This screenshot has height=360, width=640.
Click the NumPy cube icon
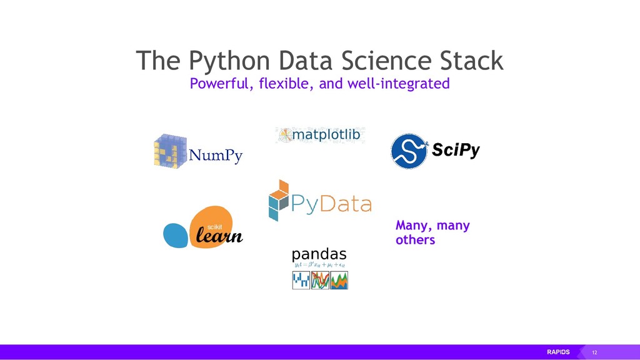[x=170, y=150]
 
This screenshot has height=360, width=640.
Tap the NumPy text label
[x=216, y=156]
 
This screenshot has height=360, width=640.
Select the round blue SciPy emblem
[x=409, y=151]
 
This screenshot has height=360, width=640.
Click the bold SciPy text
[x=456, y=151]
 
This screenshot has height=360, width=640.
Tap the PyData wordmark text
[x=332, y=204]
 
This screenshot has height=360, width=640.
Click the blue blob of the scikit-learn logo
[x=176, y=235]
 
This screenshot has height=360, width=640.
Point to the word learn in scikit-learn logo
[x=219, y=237]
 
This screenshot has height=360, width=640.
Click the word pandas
[x=319, y=255]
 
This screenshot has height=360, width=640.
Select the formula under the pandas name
[x=319, y=266]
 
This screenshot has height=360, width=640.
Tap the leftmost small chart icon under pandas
[x=301, y=281]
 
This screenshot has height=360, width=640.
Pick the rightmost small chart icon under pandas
[x=339, y=281]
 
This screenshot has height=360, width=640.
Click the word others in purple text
[x=415, y=240]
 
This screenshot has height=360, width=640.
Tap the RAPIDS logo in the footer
[x=559, y=352]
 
